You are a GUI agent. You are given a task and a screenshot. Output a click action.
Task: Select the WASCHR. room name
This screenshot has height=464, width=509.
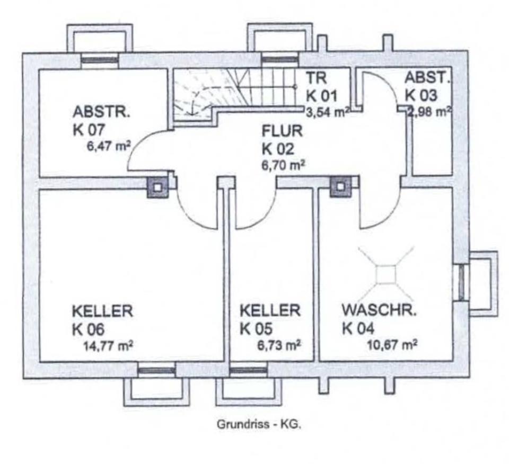[379, 310]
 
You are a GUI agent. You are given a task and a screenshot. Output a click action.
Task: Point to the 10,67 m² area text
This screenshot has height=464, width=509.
[391, 345]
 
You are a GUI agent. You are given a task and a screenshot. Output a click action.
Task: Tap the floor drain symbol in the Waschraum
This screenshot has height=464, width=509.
[386, 274]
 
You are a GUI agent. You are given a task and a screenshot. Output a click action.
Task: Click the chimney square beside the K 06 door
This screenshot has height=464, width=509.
[157, 186]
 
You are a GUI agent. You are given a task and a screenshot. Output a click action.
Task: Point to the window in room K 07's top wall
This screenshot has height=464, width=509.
[99, 59]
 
